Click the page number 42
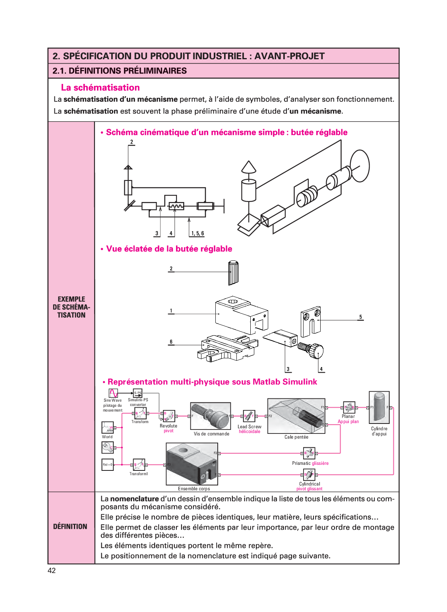pyautogui.click(x=52, y=571)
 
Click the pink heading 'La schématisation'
pyautogui.click(x=100, y=87)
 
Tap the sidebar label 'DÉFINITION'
pyautogui.click(x=70, y=527)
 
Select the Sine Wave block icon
pyautogui.click(x=113, y=393)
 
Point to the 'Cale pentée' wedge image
pyautogui.click(x=296, y=416)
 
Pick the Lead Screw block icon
pyautogui.click(x=249, y=416)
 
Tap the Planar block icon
pyautogui.click(x=349, y=408)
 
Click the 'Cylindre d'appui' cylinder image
pyautogui.click(x=379, y=407)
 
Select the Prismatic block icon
pyautogui.click(x=309, y=453)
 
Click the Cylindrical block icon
pyautogui.click(x=309, y=474)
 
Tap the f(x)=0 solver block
pyautogui.click(x=108, y=464)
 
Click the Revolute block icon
pyautogui.click(x=169, y=416)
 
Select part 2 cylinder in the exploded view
pyautogui.click(x=233, y=273)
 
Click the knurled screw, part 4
pyautogui.click(x=312, y=350)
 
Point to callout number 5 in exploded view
pyautogui.click(x=361, y=317)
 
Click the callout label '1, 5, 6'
pyautogui.click(x=197, y=233)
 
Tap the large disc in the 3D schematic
pyautogui.click(x=360, y=166)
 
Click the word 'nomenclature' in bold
pyautogui.click(x=134, y=499)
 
